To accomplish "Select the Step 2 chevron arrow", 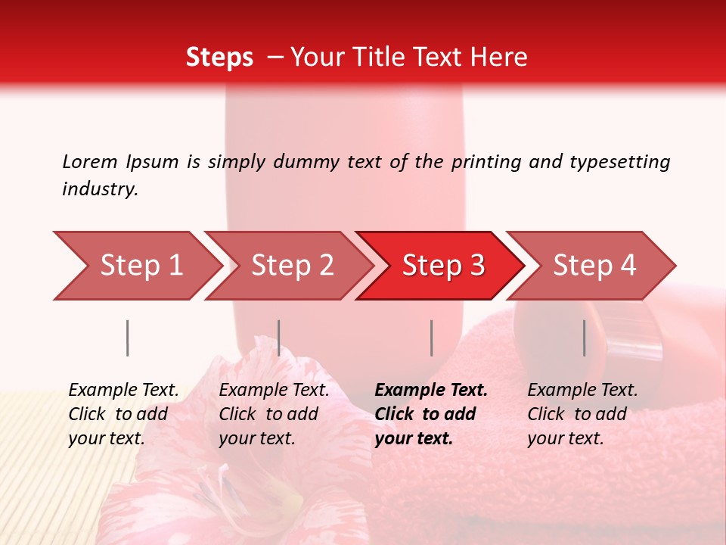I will pos(292,266).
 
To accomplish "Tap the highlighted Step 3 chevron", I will pos(443,266).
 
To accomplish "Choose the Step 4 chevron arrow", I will pos(594,266).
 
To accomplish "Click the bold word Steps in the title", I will pos(219,58).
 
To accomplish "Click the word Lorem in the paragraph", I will pos(90,162).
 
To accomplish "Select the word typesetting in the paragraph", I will pos(619,162).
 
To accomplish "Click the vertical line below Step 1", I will pos(128,338).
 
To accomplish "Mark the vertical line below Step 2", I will pos(279,338).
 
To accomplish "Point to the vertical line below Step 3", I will pos(431,338).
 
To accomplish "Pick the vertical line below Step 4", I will pos(585,338).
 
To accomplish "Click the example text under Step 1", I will pos(123,414).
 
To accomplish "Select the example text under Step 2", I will pos(274,414).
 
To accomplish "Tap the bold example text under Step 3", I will pos(430,414).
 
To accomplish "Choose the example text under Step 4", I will pos(582,414).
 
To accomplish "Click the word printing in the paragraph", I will pos(484,162).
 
